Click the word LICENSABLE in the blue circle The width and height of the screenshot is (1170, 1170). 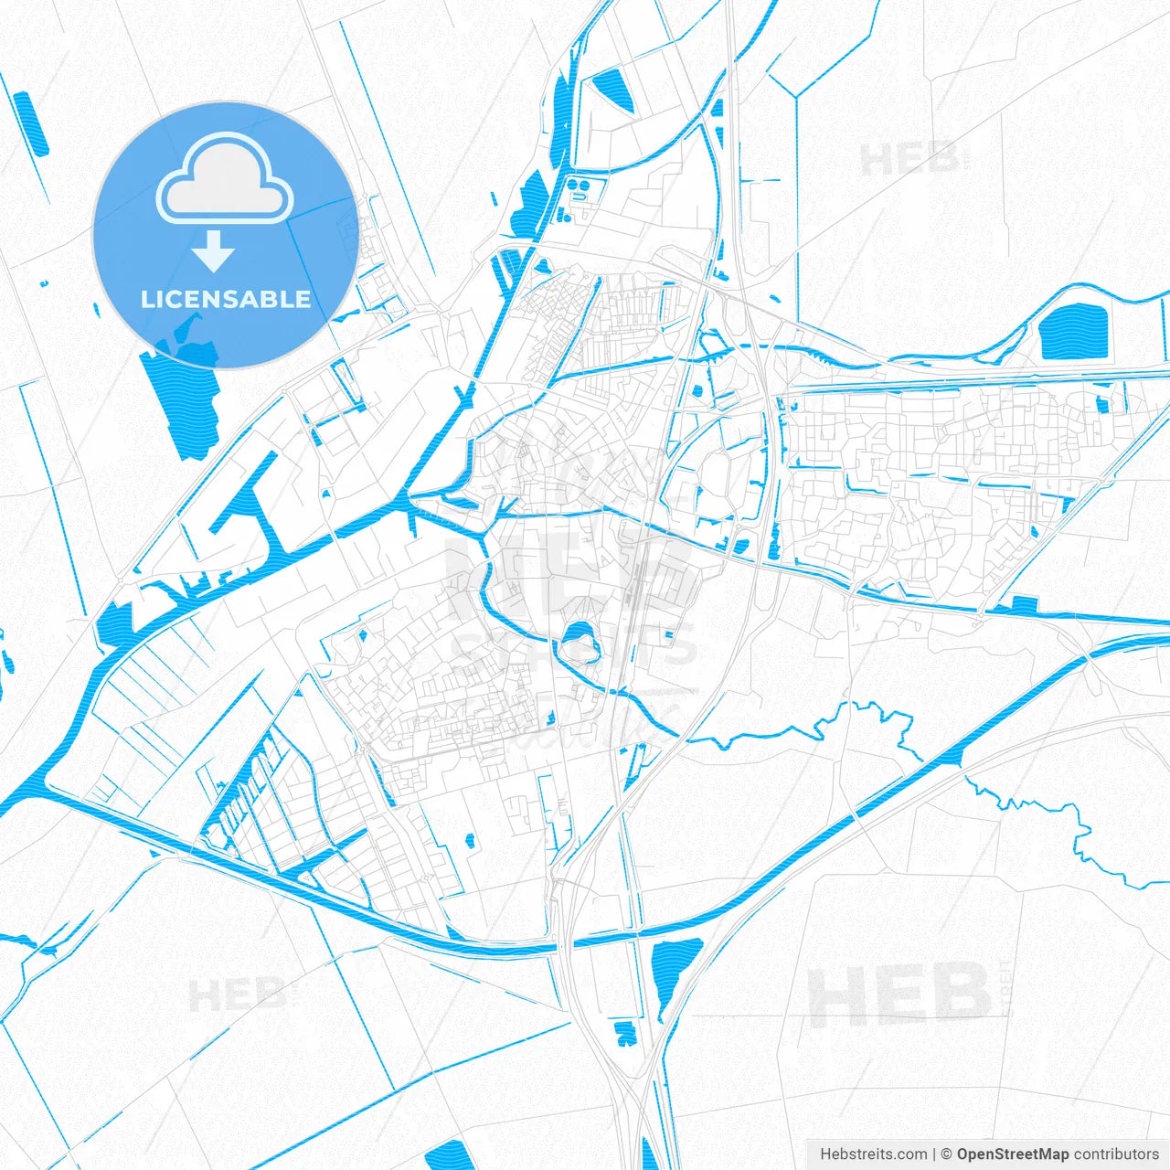coord(225,300)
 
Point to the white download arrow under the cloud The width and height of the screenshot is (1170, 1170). coord(214,250)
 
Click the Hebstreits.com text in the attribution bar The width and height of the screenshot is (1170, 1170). coord(873,1154)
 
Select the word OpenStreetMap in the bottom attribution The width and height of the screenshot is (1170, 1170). coord(1013,1154)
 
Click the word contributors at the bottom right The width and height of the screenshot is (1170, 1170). coord(1116,1154)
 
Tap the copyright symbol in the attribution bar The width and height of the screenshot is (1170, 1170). coord(947,1154)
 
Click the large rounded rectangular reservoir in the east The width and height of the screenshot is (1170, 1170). coord(1074,331)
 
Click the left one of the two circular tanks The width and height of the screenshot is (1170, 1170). coord(573,185)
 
